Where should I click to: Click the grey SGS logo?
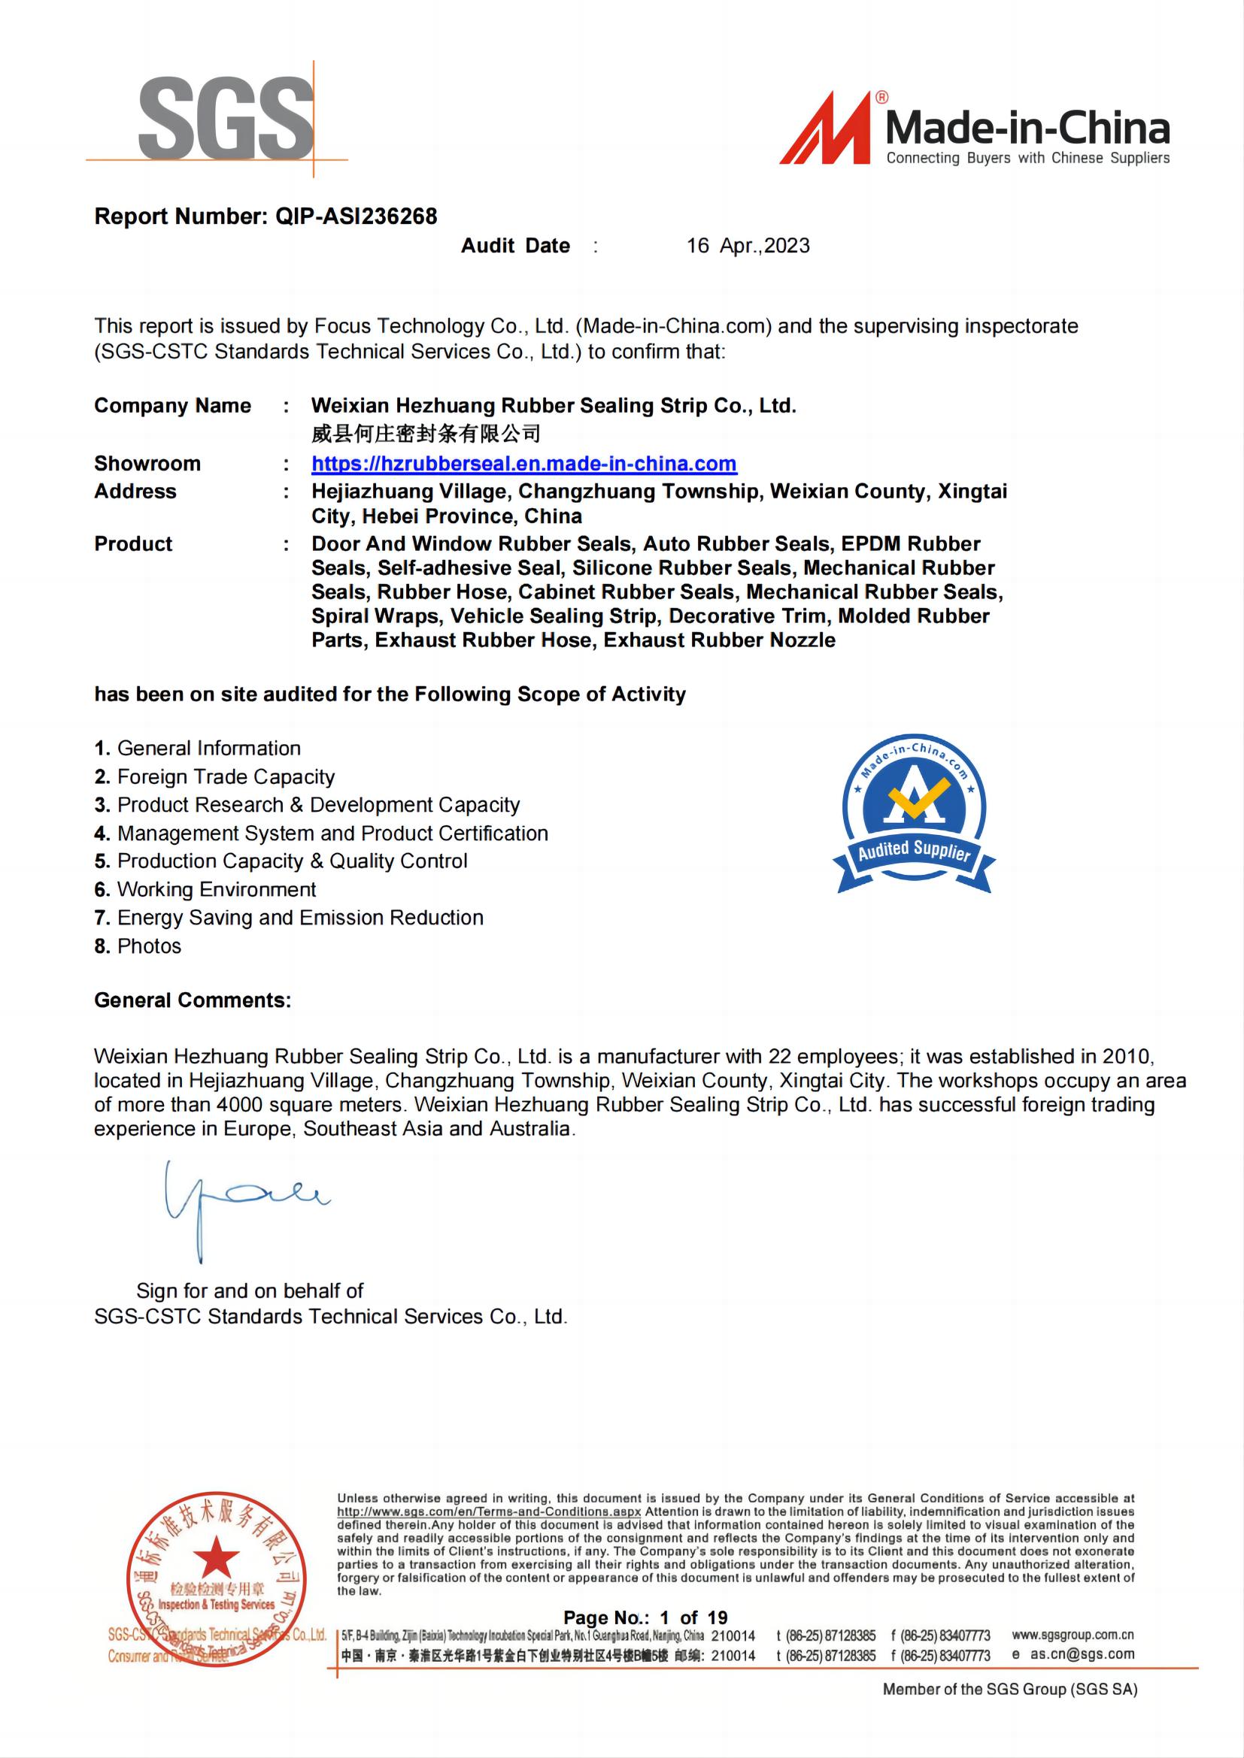pyautogui.click(x=225, y=119)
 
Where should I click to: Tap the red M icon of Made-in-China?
pyautogui.click(x=827, y=130)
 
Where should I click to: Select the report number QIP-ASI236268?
pyautogui.click(x=357, y=216)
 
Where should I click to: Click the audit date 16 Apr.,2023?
pyautogui.click(x=748, y=246)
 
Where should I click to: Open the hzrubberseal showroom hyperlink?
pyautogui.click(x=524, y=464)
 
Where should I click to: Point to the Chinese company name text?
pyautogui.click(x=426, y=434)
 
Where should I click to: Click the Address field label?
pyautogui.click(x=135, y=492)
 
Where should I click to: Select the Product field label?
pyautogui.click(x=133, y=544)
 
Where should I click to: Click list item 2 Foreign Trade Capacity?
pyautogui.click(x=214, y=777)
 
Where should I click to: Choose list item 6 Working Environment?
pyautogui.click(x=205, y=890)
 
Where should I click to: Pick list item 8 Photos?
pyautogui.click(x=138, y=946)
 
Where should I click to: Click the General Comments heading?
pyautogui.click(x=193, y=1000)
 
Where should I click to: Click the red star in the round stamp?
pyautogui.click(x=215, y=1557)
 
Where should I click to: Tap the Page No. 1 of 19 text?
pyautogui.click(x=645, y=1618)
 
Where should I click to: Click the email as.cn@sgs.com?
pyautogui.click(x=1082, y=1654)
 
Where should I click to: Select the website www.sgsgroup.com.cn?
pyautogui.click(x=1073, y=1635)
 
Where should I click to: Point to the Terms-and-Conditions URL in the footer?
pyautogui.click(x=489, y=1512)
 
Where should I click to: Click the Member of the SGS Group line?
pyautogui.click(x=1009, y=1689)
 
